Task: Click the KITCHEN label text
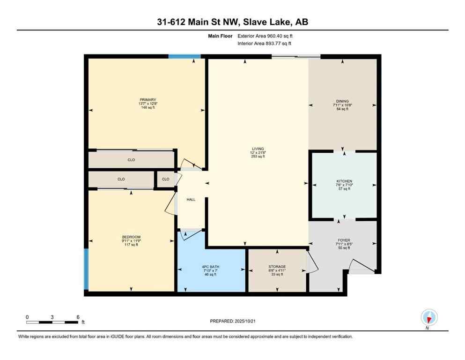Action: coord(344,181)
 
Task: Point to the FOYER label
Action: coord(344,240)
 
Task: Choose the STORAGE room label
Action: coord(277,266)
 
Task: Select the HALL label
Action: coord(191,200)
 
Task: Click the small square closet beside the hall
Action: coord(165,179)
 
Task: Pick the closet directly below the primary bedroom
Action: coord(131,160)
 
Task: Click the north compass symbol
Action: coord(429,318)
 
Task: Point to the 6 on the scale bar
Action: coord(78,317)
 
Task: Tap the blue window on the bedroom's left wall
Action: coord(86,269)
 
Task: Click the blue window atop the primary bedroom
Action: coord(185,57)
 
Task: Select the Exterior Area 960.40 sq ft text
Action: coord(266,36)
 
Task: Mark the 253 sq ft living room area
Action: coord(258,157)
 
